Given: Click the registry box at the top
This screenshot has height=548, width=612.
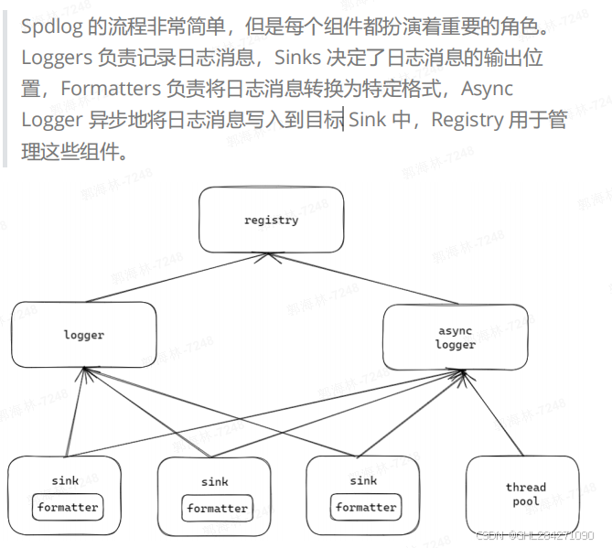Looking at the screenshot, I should click(x=271, y=220).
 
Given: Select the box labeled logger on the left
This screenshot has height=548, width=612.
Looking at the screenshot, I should click(x=83, y=335).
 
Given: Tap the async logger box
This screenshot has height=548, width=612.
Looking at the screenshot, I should click(x=455, y=338).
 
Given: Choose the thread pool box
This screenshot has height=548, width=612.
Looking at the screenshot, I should click(x=525, y=494).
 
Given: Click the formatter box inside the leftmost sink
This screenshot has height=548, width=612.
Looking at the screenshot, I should click(x=67, y=507).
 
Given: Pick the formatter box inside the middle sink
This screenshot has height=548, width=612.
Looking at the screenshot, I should click(x=217, y=509).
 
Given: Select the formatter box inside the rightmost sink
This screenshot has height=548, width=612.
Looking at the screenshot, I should click(x=365, y=507).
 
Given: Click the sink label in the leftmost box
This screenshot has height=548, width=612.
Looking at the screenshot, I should click(x=65, y=480).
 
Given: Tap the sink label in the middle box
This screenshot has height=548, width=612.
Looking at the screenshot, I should click(x=215, y=482).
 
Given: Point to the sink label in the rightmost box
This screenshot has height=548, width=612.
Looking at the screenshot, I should click(x=363, y=480).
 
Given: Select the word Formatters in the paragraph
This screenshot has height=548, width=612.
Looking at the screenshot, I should click(x=115, y=89).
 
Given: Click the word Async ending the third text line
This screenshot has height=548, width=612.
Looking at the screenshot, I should click(x=488, y=89).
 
